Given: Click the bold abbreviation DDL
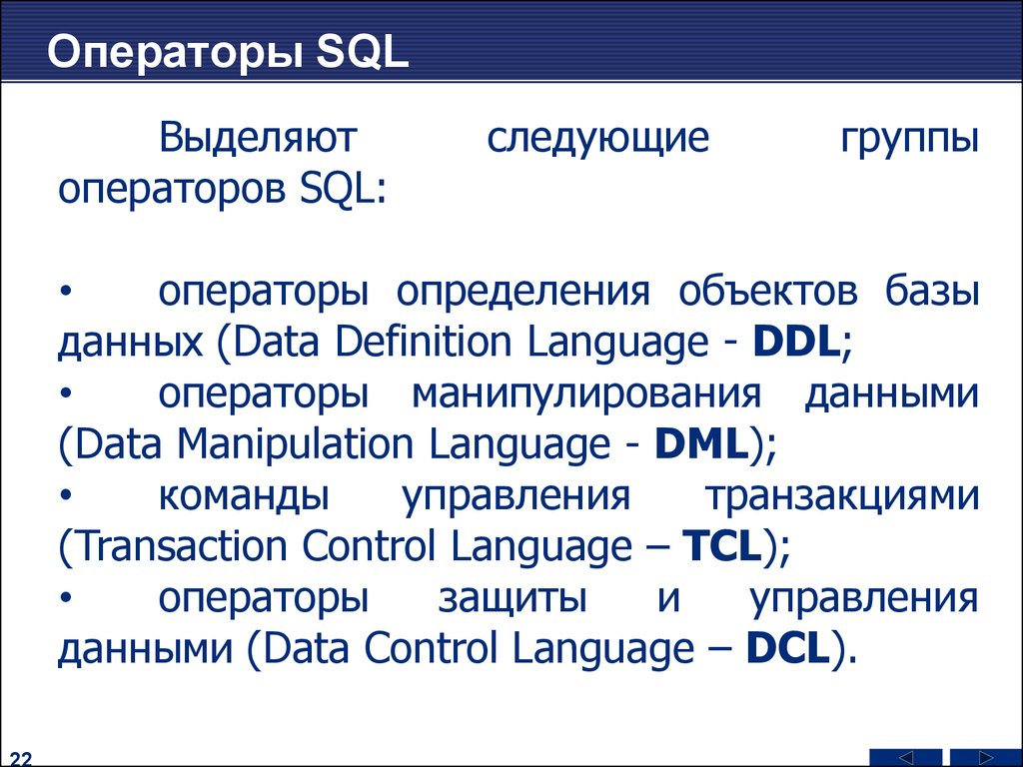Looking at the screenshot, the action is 795,342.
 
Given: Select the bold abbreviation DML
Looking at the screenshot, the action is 701,443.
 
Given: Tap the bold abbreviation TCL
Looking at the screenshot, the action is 722,546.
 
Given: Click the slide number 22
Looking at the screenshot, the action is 20,759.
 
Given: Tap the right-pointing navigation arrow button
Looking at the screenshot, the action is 986,757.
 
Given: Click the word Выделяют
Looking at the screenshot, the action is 258,138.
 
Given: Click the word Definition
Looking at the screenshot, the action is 423,342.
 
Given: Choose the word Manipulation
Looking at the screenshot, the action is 296,443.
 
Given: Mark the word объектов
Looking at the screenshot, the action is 768,291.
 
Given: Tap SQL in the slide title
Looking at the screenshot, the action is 363,52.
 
